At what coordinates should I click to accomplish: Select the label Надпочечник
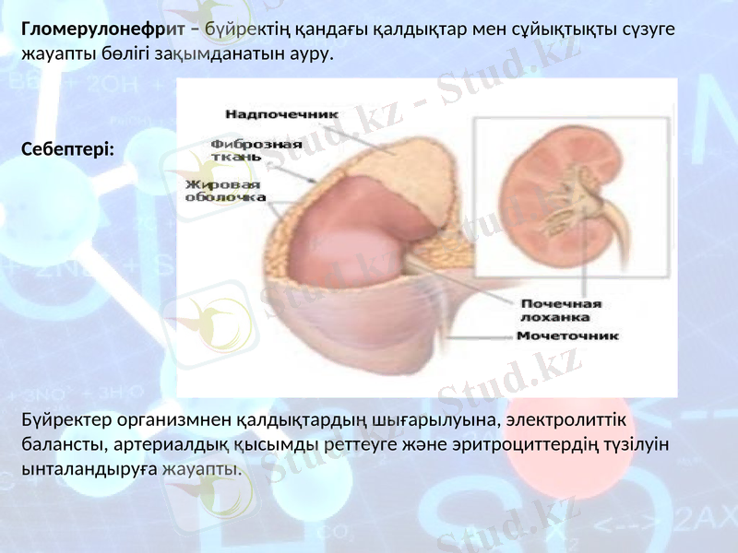281,113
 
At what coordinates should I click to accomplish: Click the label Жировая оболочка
225,191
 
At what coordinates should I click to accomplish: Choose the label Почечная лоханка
562,310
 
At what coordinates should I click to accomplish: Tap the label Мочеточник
566,335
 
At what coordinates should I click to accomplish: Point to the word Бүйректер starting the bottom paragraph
64,421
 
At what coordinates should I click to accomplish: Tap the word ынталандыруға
89,468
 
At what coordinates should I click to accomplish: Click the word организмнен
170,421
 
